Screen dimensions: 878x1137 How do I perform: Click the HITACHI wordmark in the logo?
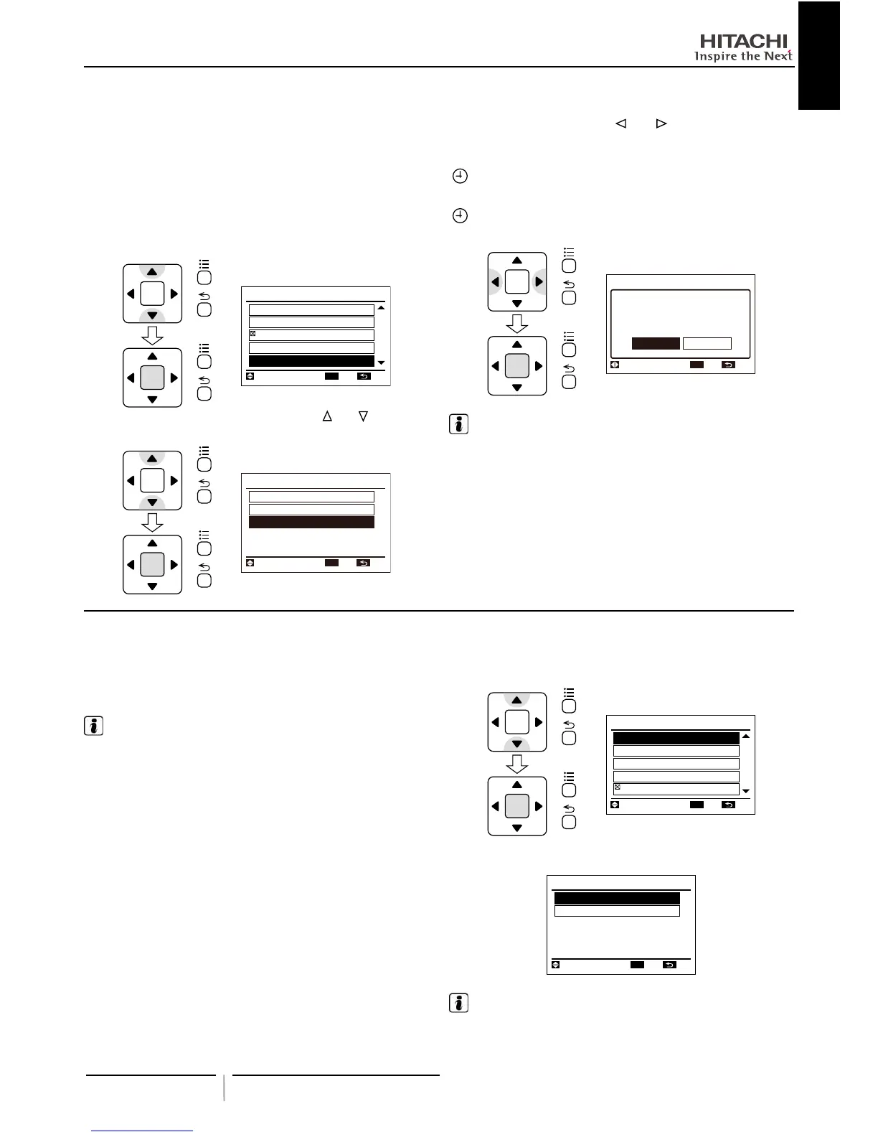[743, 41]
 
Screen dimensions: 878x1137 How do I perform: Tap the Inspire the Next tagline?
[743, 56]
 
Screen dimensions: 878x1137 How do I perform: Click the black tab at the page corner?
[818, 55]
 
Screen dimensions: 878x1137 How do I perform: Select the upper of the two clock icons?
[460, 176]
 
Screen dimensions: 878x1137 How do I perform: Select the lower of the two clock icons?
[460, 215]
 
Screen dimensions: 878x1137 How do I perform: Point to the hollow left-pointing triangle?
[620, 123]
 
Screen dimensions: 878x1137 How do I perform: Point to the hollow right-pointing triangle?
[661, 123]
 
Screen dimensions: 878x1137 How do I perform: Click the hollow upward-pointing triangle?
[327, 416]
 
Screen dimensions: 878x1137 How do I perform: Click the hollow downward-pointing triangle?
[364, 416]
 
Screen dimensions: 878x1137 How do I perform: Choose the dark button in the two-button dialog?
[656, 344]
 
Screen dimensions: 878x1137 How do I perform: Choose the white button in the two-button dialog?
[707, 344]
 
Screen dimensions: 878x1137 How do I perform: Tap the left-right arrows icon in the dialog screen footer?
[615, 365]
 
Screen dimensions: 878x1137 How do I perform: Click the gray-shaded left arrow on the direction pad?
[495, 282]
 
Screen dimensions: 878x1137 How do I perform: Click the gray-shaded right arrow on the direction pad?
[539, 282]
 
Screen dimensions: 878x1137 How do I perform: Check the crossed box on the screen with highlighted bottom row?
[252, 334]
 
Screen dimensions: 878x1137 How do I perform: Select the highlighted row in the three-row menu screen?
[311, 523]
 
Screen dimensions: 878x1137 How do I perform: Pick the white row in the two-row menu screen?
[617, 911]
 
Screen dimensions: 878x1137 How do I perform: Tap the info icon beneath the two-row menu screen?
[458, 1003]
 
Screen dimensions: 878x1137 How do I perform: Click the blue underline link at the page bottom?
[143, 1131]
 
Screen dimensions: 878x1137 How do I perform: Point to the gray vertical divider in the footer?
[224, 1087]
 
